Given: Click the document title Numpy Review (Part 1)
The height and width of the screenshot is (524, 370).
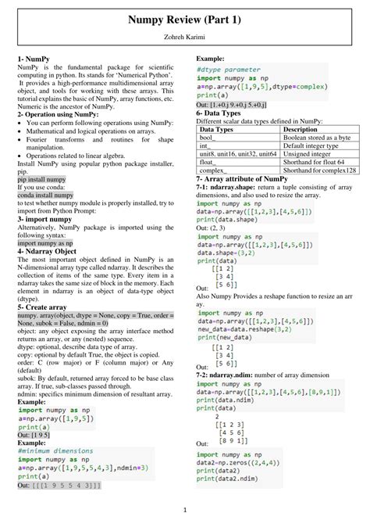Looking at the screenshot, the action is pyautogui.click(x=185, y=20).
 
